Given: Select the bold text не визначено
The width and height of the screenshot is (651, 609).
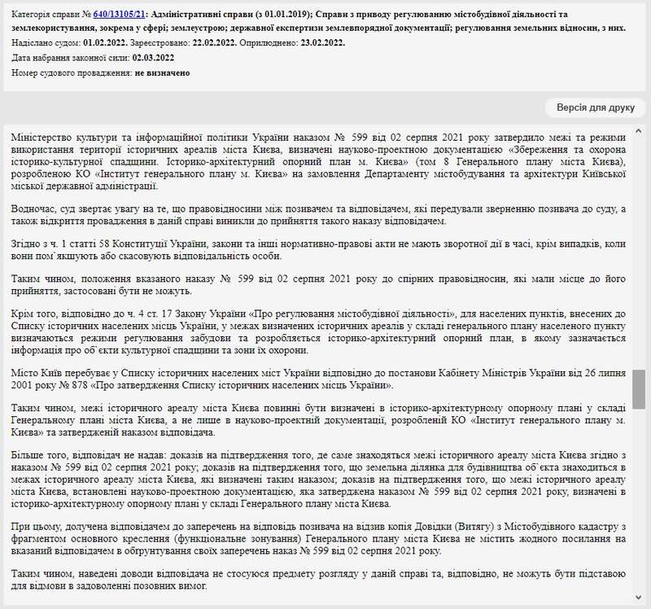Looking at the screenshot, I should coord(163,73).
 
